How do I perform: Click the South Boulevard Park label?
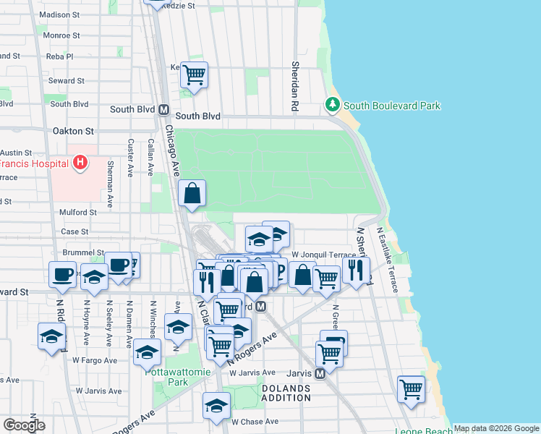[391, 106]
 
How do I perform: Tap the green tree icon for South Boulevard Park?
[333, 105]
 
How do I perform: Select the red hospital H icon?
[80, 163]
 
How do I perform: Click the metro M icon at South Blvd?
[163, 110]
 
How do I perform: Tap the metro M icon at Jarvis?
[319, 374]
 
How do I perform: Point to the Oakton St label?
[74, 132]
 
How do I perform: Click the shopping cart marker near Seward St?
[194, 73]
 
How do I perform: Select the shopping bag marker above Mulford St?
[192, 193]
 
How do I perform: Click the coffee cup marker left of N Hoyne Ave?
[62, 273]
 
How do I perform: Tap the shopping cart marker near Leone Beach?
[411, 388]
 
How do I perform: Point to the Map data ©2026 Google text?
[496, 428]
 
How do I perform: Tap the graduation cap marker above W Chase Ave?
[216, 406]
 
